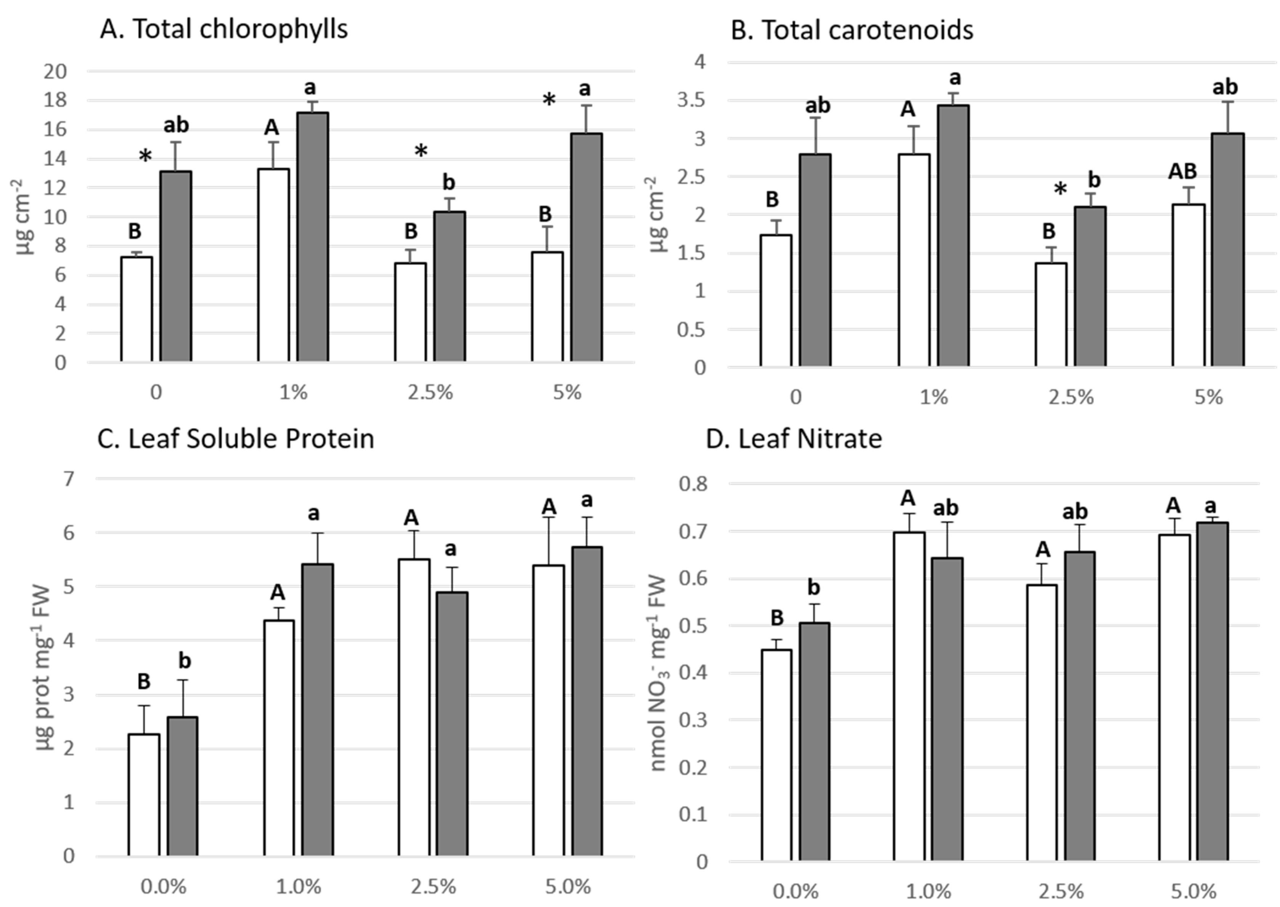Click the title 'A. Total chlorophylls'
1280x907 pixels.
(x=223, y=29)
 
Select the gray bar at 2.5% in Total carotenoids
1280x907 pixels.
(x=1090, y=286)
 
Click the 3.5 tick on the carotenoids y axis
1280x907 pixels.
(x=692, y=101)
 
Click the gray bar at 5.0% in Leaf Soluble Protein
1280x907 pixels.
(x=586, y=701)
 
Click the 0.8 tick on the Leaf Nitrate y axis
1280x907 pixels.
(x=692, y=484)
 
